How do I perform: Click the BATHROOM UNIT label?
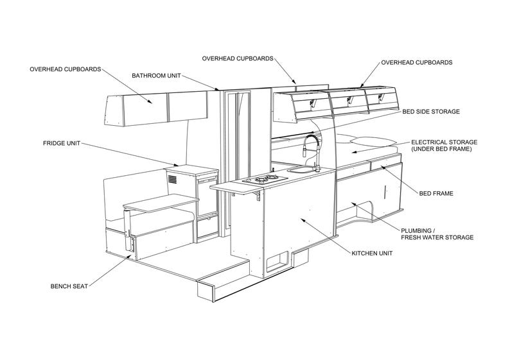(x=156, y=76)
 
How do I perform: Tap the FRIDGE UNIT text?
(x=62, y=143)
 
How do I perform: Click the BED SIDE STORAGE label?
(x=431, y=111)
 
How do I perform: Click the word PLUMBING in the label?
(x=418, y=230)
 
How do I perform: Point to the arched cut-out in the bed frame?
(x=360, y=212)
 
